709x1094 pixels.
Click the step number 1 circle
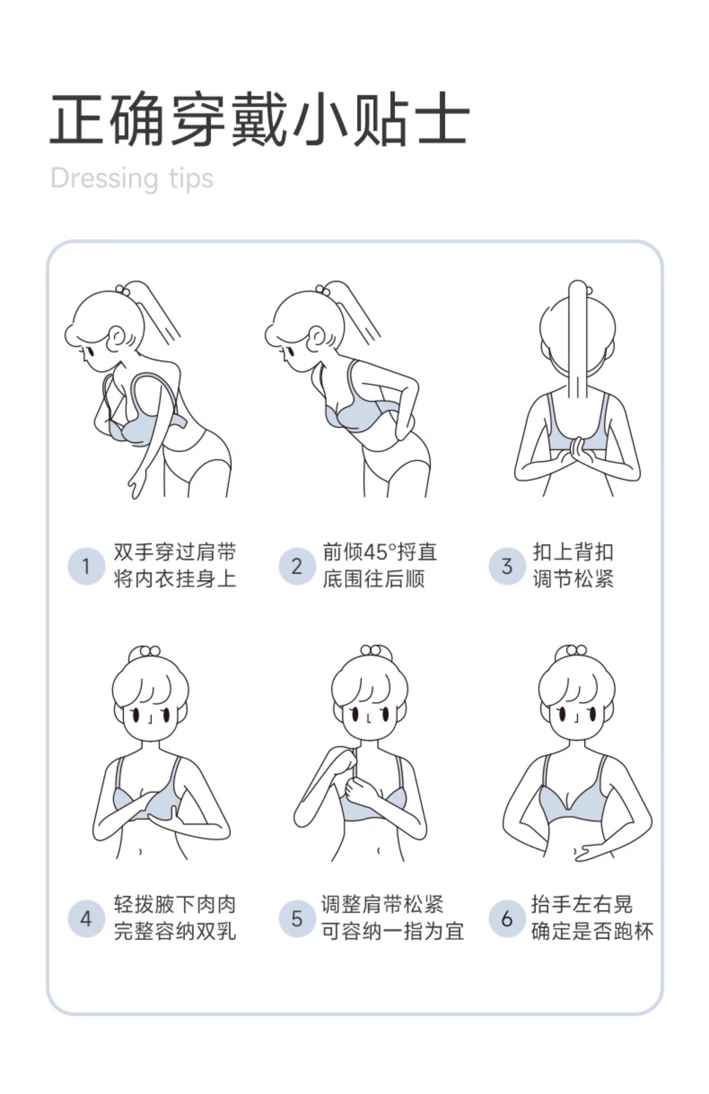click(86, 566)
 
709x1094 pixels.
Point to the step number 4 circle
click(86, 919)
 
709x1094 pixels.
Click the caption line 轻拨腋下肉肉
click(175, 905)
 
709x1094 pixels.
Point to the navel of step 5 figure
click(378, 851)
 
